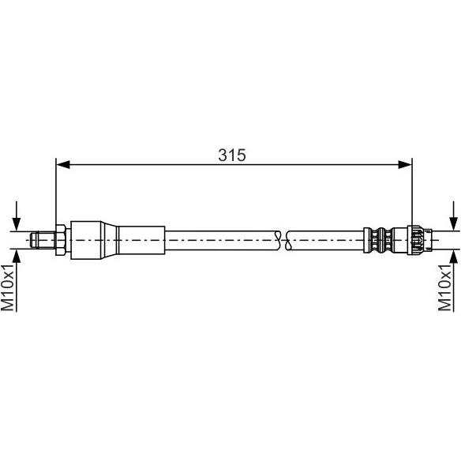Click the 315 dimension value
tap(231, 155)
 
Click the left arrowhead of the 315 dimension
tap(62, 165)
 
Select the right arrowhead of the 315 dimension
tap(405, 165)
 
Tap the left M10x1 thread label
tap(8, 287)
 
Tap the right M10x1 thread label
tap(444, 287)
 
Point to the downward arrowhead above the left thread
tap(17, 224)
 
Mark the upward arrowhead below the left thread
tap(17, 257)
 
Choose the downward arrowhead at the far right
tap(454, 224)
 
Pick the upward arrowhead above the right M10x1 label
tap(454, 257)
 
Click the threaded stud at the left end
tap(43, 240)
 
